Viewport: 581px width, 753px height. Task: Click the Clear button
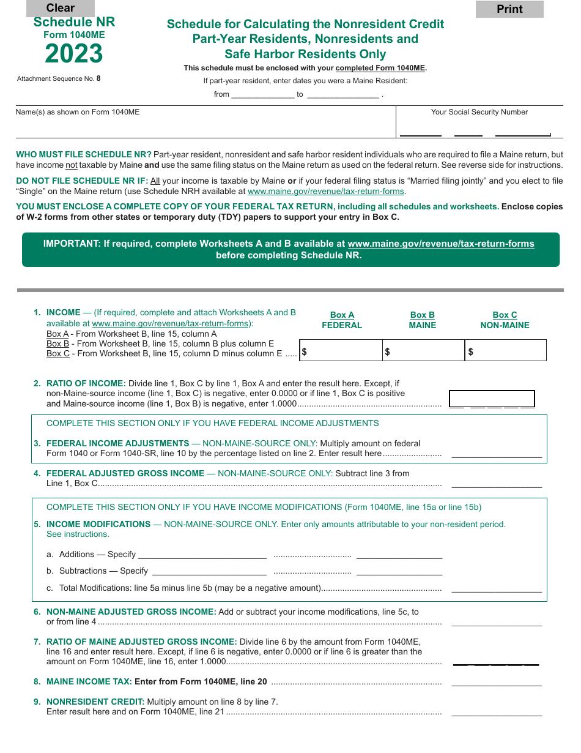[x=60, y=8]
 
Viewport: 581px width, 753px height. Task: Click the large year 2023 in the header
[x=74, y=54]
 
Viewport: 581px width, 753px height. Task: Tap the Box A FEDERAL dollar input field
[x=341, y=351]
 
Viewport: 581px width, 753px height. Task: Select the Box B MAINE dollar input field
[x=423, y=351]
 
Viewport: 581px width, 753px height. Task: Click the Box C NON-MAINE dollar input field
[x=506, y=351]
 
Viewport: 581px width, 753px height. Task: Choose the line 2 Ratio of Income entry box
[x=492, y=399]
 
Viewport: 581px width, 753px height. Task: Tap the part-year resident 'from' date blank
[x=262, y=94]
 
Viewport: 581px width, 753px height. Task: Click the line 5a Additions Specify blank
[x=202, y=554]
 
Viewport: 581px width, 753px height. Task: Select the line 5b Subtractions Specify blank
[x=209, y=571]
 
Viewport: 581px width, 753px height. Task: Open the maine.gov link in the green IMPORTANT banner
[x=440, y=244]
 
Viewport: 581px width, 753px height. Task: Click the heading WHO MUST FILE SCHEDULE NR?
[x=84, y=155]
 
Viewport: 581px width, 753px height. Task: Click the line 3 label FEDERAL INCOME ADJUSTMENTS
[x=117, y=443]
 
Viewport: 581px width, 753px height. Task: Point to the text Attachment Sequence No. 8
[x=59, y=78]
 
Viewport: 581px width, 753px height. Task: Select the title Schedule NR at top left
[x=74, y=22]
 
